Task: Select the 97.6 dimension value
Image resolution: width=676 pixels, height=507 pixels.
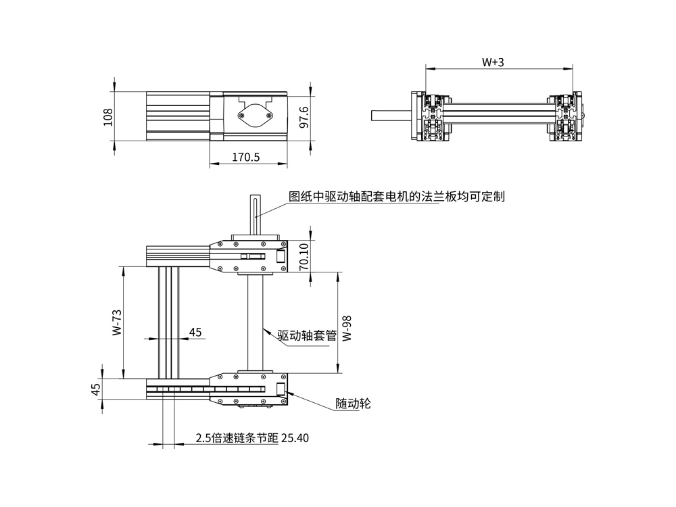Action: click(304, 117)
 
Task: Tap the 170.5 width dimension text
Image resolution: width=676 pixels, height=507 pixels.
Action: click(246, 157)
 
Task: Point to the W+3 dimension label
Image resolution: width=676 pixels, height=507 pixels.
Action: click(493, 62)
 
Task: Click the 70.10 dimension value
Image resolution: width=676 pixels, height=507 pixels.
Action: click(304, 256)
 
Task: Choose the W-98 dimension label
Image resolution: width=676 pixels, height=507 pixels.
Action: click(347, 327)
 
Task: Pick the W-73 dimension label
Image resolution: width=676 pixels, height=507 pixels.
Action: click(116, 323)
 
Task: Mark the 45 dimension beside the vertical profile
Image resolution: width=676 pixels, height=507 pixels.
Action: click(195, 332)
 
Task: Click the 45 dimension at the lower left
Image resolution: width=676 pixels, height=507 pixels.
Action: click(96, 389)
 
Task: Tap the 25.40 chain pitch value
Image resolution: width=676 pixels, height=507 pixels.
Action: click(294, 438)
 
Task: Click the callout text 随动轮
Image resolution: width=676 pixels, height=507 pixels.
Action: click(353, 404)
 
